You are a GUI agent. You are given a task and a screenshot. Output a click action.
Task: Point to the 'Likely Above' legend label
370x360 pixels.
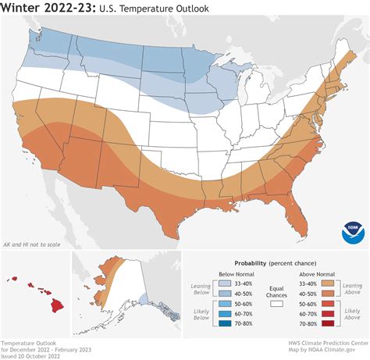coord(348,315)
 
